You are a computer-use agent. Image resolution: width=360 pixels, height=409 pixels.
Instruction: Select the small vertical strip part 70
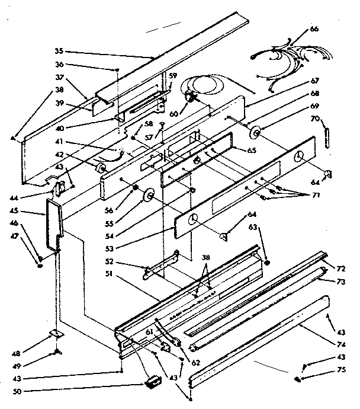click(324, 134)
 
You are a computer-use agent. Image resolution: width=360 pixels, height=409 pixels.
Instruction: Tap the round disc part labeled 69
click(257, 132)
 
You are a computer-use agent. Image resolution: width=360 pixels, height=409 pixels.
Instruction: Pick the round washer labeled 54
click(147, 195)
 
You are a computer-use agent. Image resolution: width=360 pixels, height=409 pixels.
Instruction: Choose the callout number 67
click(330, 81)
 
